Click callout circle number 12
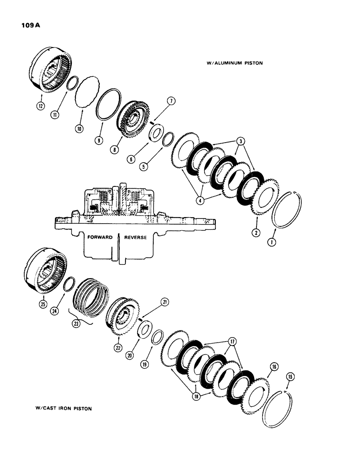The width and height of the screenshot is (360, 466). click(43, 106)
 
